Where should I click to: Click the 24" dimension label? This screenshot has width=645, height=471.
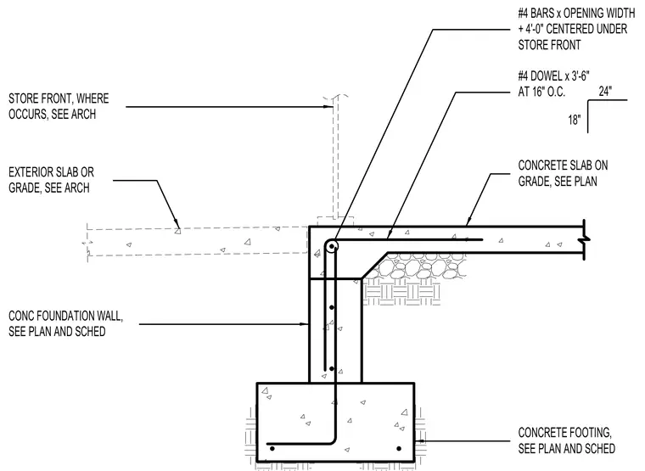pyautogui.click(x=605, y=91)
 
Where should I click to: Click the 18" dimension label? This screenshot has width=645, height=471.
pyautogui.click(x=575, y=120)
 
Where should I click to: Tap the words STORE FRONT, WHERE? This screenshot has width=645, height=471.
pyautogui.click(x=59, y=98)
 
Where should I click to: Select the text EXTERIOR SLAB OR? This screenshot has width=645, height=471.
pyautogui.click(x=52, y=172)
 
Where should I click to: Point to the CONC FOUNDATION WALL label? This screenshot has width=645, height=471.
pyautogui.click(x=66, y=316)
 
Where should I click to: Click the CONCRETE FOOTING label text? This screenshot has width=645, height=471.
pyautogui.click(x=564, y=433)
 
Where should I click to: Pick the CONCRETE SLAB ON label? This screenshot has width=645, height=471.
pyautogui.click(x=563, y=165)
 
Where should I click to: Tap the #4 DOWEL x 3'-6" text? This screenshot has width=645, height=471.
pyautogui.click(x=553, y=76)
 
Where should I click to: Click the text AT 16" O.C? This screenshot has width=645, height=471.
pyautogui.click(x=541, y=92)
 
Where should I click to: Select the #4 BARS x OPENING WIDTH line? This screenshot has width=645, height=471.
pyautogui.click(x=576, y=14)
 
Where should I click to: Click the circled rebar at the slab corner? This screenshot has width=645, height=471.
pyautogui.click(x=332, y=246)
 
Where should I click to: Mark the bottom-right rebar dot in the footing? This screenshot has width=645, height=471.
pyautogui.click(x=399, y=448)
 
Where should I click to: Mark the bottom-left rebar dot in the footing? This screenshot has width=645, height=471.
pyautogui.click(x=272, y=448)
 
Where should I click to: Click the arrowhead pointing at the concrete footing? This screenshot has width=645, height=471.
pyautogui.click(x=419, y=441)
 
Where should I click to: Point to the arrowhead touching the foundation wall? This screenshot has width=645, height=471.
pyautogui.click(x=305, y=324)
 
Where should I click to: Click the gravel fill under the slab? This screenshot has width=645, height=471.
pyautogui.click(x=419, y=266)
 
